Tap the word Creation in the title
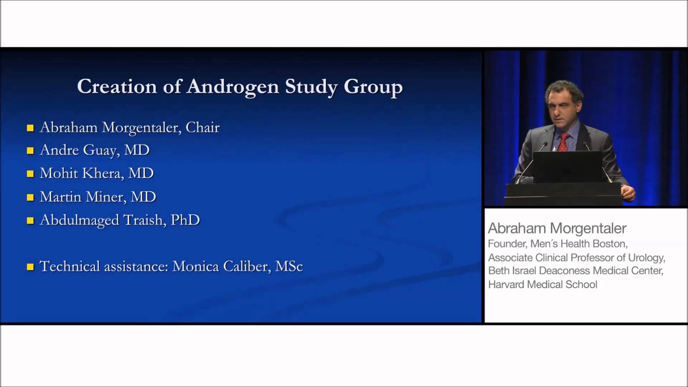(117, 87)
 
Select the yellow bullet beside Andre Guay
(30, 151)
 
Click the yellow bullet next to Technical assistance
(30, 267)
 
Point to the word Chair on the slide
(202, 128)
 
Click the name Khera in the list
(103, 173)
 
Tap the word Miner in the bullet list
(106, 197)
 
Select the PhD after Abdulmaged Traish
(185, 220)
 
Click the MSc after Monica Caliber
(289, 267)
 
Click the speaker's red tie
(563, 142)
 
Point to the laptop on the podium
(567, 167)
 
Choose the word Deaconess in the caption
(564, 271)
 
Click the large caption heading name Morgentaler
(588, 229)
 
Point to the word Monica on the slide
(196, 267)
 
